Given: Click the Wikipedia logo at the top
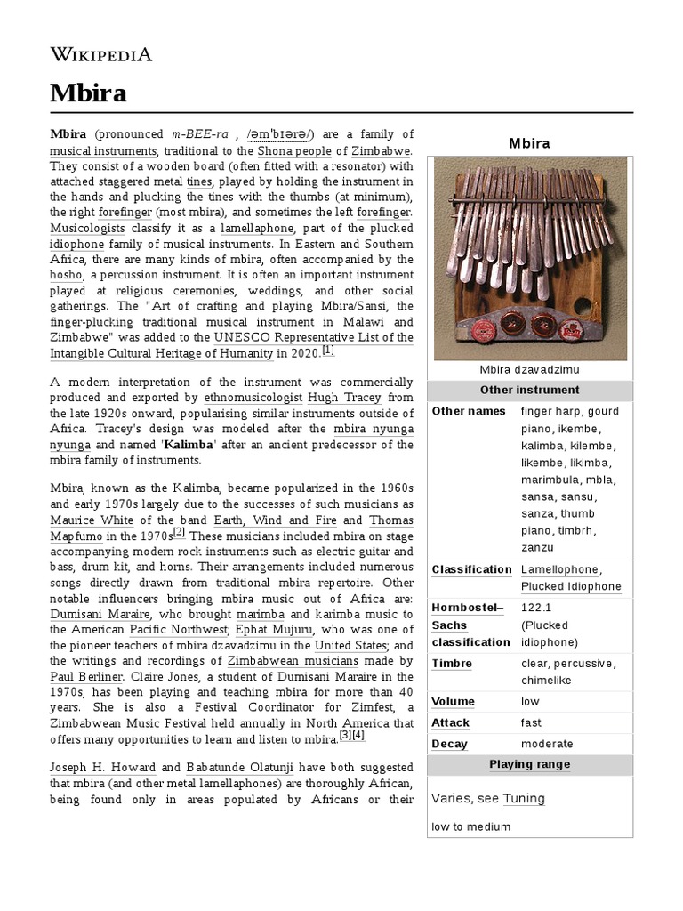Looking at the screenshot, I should pos(100,55).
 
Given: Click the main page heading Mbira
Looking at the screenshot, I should pos(88,93).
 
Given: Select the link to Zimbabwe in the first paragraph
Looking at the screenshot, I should pos(382,150).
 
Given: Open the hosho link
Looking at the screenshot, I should pos(66,275).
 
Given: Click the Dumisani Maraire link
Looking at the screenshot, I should pos(100,614).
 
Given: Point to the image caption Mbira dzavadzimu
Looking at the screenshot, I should pos(529,370).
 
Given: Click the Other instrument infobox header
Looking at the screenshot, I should pos(529,390).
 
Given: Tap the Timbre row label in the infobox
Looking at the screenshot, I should pos(452,663).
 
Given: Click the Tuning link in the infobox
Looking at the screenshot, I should pos(524,798).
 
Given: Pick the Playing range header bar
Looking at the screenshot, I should pos(529,764).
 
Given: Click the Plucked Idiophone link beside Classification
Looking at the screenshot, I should pos(571,586).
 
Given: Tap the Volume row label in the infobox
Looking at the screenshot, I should pos(454,701).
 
